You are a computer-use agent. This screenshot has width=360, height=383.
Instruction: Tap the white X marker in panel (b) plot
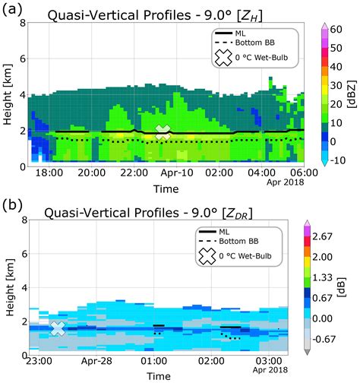pos(58,328)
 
